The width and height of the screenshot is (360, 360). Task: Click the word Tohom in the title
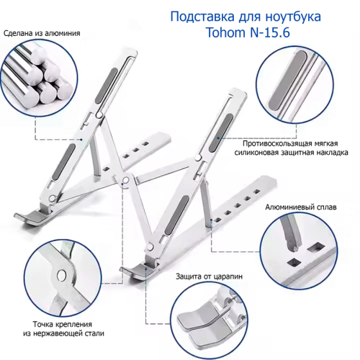[225, 32]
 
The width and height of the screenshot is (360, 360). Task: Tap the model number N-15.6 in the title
[269, 32]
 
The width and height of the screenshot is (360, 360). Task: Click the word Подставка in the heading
[202, 17]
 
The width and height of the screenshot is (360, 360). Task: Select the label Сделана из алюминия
[42, 33]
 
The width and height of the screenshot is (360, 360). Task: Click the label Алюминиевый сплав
[301, 207]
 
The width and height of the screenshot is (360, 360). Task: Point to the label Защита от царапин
[209, 276]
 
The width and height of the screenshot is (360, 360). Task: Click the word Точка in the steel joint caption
[43, 324]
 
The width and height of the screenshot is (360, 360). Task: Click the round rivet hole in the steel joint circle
[62, 275]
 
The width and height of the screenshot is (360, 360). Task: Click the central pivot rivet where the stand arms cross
[125, 180]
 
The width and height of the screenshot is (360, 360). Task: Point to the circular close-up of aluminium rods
[39, 78]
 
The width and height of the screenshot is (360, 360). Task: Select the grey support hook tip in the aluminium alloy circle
[292, 235]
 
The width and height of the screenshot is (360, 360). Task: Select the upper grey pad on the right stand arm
[221, 132]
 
